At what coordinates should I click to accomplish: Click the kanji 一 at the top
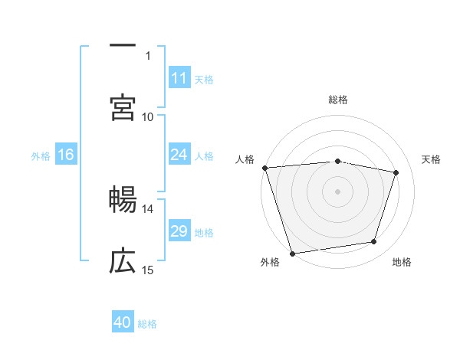click(x=123, y=46)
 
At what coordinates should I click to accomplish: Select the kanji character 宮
click(x=123, y=107)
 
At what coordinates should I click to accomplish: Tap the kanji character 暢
click(x=123, y=200)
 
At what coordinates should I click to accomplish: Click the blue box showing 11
click(x=179, y=78)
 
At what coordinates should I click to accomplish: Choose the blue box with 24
click(x=179, y=155)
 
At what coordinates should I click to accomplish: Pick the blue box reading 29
click(x=179, y=231)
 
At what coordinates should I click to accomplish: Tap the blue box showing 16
click(x=66, y=155)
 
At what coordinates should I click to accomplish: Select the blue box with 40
click(x=123, y=322)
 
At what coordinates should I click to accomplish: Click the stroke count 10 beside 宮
click(x=148, y=116)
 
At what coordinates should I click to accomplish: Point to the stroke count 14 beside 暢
click(x=148, y=208)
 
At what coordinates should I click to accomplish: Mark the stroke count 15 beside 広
click(x=148, y=270)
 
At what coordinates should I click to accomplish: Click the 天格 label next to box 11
click(x=204, y=79)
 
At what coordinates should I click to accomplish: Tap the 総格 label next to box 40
click(x=147, y=323)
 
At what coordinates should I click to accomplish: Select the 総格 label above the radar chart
click(x=338, y=100)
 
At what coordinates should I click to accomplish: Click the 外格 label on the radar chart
click(x=270, y=262)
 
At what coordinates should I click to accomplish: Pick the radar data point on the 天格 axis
click(x=396, y=172)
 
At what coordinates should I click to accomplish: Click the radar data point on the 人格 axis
click(x=264, y=168)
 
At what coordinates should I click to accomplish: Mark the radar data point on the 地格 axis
click(x=374, y=242)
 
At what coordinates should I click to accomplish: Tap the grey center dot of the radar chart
click(x=338, y=191)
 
